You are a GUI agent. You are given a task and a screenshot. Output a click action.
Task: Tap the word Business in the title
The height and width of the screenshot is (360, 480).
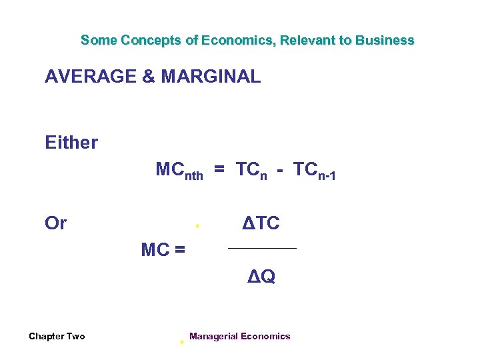(385, 40)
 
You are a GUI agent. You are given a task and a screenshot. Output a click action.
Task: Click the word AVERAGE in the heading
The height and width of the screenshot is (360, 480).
(91, 77)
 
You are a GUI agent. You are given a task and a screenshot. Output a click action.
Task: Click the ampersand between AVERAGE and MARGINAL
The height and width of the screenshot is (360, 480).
(149, 77)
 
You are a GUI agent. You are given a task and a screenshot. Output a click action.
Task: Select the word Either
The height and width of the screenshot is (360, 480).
(71, 142)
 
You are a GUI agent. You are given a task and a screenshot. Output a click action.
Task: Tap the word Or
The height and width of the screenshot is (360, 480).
(55, 223)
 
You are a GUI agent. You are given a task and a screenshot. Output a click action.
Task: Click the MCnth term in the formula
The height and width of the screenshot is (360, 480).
(179, 171)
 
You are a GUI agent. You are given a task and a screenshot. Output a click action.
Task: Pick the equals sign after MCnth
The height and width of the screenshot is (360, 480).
(219, 171)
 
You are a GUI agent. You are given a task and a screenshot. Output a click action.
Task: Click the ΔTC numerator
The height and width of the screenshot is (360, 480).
(261, 223)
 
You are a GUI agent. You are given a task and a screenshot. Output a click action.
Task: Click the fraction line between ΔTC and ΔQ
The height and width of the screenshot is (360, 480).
(262, 249)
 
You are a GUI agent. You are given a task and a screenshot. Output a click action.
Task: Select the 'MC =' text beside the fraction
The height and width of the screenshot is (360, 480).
(163, 250)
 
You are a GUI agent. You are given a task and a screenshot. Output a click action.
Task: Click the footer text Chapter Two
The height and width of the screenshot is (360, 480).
(57, 336)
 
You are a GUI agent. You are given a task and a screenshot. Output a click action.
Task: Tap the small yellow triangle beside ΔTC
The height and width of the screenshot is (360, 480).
(197, 227)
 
